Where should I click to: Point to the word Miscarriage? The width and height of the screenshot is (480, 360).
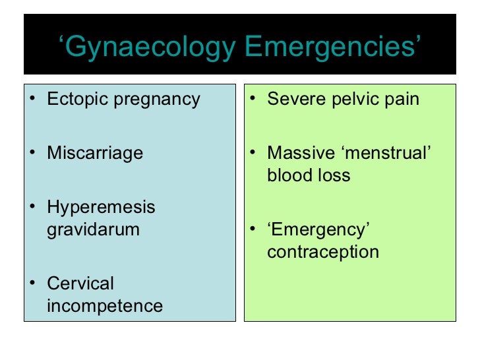(x=95, y=154)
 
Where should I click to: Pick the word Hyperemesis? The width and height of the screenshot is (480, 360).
(x=101, y=208)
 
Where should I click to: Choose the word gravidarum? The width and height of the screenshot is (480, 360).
(x=93, y=230)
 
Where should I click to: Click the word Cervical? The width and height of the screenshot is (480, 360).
(x=80, y=284)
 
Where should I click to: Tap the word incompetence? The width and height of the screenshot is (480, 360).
(x=105, y=306)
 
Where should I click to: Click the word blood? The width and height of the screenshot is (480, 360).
(x=286, y=175)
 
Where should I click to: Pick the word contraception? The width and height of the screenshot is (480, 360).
(x=323, y=252)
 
